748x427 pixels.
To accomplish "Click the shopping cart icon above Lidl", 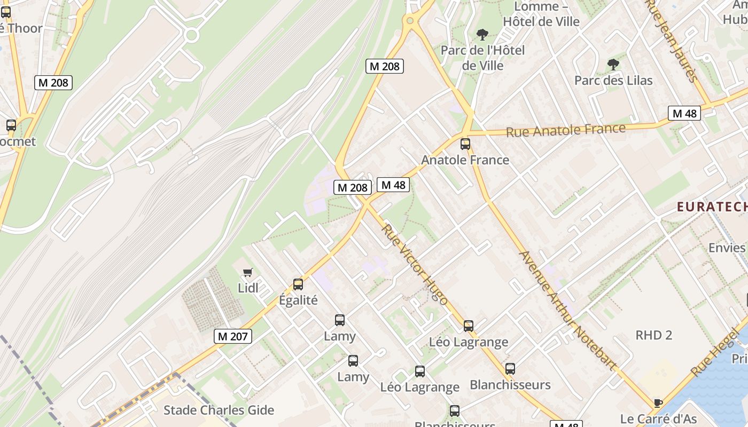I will click(x=247, y=273).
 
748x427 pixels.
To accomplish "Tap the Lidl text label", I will click(x=248, y=288).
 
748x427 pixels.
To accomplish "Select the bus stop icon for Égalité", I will click(x=298, y=284).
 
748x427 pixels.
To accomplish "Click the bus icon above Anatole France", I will click(x=465, y=144).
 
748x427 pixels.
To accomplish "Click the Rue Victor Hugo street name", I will click(x=415, y=264).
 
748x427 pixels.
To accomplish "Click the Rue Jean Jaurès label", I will click(x=672, y=40).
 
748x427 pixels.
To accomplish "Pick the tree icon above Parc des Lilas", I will click(x=613, y=65).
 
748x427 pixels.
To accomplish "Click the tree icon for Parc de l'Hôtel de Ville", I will click(x=482, y=35).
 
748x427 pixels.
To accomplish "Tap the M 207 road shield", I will click(x=233, y=336).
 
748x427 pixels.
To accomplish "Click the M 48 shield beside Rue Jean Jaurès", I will click(x=684, y=113).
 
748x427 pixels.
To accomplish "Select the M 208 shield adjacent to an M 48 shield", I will click(x=352, y=187).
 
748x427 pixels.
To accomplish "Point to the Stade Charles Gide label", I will click(x=219, y=410).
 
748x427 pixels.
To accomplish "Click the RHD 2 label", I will click(x=653, y=335).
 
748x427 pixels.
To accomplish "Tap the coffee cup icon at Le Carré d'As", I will click(x=658, y=403).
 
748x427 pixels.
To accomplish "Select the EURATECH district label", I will click(x=712, y=207).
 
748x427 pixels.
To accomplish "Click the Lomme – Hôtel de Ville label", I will click(x=541, y=14).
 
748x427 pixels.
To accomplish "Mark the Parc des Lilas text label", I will click(x=613, y=81).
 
